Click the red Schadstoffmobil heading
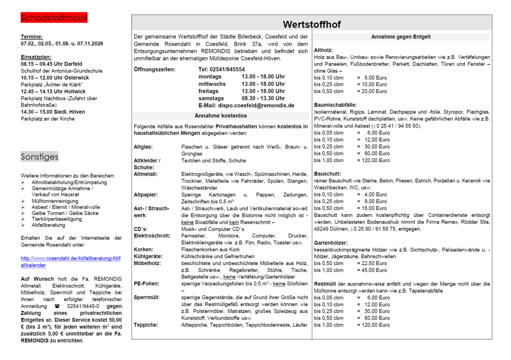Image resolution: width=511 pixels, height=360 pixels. click(54, 18)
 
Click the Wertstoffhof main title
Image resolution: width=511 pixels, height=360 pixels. click(312, 24)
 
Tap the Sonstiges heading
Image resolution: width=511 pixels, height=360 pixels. click(39, 157)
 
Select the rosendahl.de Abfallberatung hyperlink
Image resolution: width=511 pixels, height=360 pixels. click(71, 262)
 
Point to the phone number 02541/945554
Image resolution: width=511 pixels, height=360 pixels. click(221, 69)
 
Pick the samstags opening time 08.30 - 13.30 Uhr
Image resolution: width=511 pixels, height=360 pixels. click(263, 98)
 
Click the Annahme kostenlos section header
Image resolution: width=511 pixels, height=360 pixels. click(221, 115)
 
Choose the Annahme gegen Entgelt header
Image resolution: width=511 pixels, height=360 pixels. click(401, 37)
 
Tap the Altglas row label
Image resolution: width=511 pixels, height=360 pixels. click(143, 147)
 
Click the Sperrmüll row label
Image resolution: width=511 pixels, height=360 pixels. click(146, 297)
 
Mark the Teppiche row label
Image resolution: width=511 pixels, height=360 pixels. click(146, 325)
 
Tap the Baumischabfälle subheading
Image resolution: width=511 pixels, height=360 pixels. click(335, 105)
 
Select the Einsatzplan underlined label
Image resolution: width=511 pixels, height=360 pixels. click(36, 57)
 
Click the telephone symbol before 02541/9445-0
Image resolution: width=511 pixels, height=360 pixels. click(57, 306)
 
